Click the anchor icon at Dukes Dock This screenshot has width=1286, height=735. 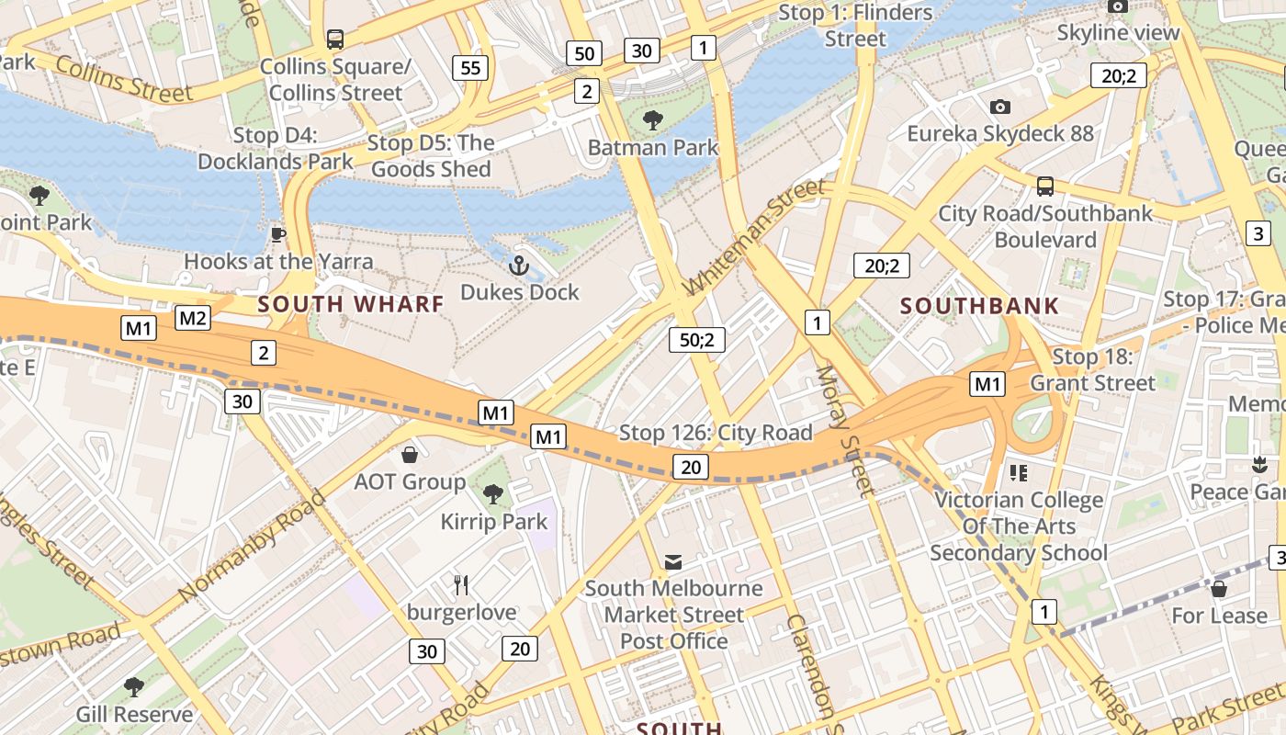point(519,266)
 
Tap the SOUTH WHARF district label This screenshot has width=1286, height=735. point(351,304)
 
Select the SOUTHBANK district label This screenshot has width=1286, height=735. point(979,306)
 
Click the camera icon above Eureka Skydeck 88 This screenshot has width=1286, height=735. point(1000,107)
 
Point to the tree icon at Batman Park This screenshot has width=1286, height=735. point(653,119)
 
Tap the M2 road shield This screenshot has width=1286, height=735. point(193,319)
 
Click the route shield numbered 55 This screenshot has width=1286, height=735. point(470,67)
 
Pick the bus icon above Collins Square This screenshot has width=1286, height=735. point(335,40)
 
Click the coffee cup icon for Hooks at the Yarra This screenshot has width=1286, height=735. point(278,234)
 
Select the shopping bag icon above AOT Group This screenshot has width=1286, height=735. point(410,455)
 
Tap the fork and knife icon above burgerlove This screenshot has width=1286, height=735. point(461,584)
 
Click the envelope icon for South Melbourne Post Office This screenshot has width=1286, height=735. point(673,561)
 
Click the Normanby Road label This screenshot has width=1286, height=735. point(252,548)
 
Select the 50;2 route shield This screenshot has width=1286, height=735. point(697,340)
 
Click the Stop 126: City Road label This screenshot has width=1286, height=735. point(716,433)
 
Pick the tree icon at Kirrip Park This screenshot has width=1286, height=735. point(493,494)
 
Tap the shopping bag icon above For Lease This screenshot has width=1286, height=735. point(1219,589)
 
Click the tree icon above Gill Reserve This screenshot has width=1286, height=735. point(134,686)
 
